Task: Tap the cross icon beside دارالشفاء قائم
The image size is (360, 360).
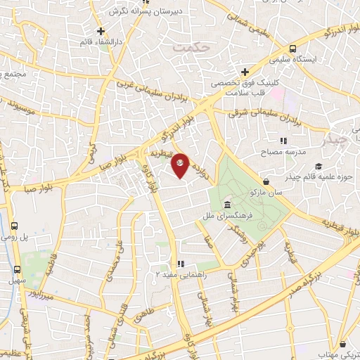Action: tap(102, 31)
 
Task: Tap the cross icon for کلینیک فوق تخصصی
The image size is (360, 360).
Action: tap(245, 72)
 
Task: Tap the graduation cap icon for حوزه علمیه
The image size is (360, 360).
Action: tap(319, 167)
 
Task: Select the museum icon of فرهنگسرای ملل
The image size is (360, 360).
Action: tap(227, 205)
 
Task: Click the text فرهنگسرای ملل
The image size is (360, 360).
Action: tap(222, 214)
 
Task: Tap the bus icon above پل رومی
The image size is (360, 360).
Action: tap(15, 226)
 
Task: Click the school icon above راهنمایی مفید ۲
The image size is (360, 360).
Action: tap(181, 264)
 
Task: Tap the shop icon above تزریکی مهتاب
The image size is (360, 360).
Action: tap(342, 345)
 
